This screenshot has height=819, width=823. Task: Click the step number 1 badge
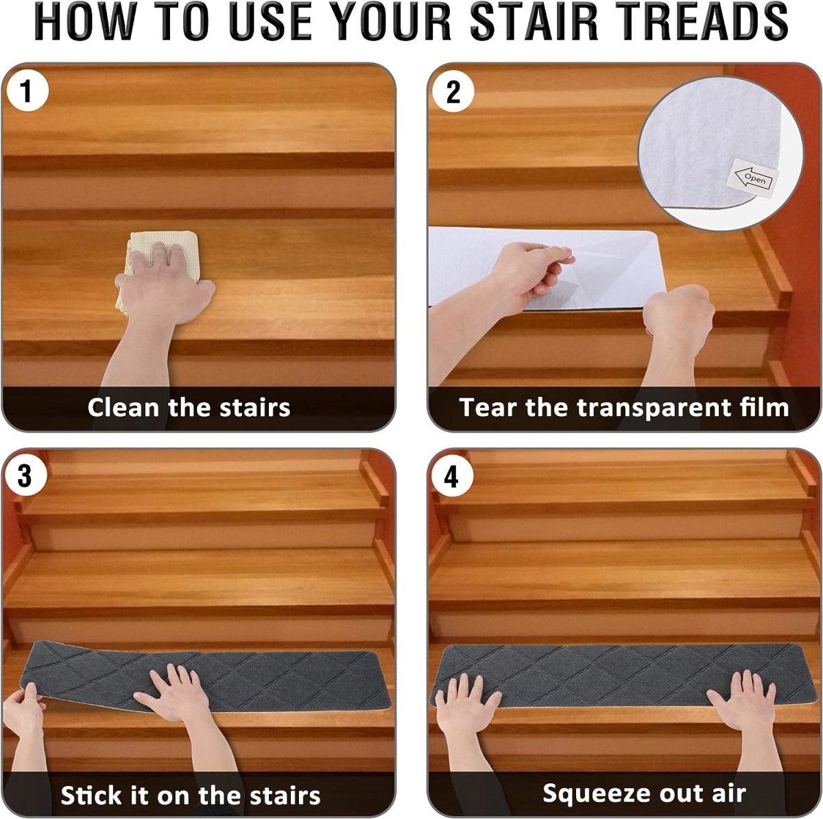[x=27, y=91]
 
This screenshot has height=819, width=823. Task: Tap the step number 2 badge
[x=453, y=91]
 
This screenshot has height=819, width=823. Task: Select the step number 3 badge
[x=25, y=476]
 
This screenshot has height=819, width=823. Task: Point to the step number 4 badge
[x=452, y=476]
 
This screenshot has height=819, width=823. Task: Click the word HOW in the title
[x=83, y=21]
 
